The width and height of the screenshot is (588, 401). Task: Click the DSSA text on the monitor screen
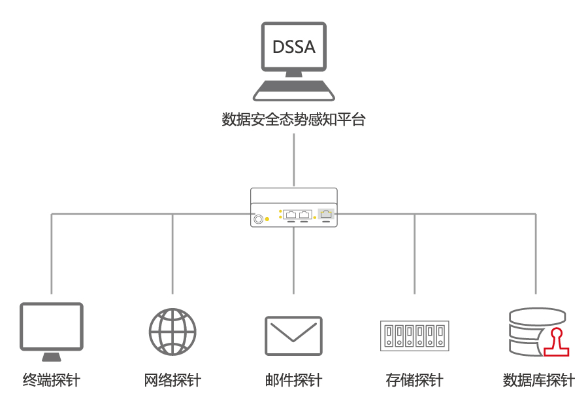293,46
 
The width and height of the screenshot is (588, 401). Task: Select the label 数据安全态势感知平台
293,120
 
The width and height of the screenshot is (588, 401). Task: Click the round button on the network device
259,218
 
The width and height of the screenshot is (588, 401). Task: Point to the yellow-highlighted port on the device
326,214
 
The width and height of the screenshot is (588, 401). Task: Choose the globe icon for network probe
172,331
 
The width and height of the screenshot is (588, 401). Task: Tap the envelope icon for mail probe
293,336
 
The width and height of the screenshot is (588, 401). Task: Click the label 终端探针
52,379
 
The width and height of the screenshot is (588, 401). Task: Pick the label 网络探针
172,379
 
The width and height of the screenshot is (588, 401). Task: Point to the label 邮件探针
293,379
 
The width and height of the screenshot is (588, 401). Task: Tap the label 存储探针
414,379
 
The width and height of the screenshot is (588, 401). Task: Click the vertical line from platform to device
294,160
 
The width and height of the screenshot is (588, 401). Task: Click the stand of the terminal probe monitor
52,357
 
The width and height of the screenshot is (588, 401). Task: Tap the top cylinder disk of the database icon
536,316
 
